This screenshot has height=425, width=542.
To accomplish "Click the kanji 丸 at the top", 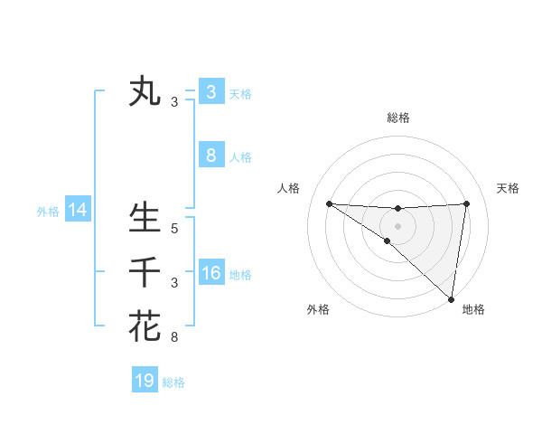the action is pyautogui.click(x=145, y=91).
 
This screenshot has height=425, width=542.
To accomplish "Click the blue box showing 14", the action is pyautogui.click(x=78, y=211).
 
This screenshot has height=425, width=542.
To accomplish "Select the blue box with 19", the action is pyautogui.click(x=145, y=381).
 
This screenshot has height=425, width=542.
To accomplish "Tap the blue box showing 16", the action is pyautogui.click(x=210, y=273).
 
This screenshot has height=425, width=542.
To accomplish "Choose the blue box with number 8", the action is pyautogui.click(x=210, y=155).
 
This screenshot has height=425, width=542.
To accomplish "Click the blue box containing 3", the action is pyautogui.click(x=210, y=91).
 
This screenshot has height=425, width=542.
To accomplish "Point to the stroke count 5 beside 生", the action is pyautogui.click(x=174, y=229).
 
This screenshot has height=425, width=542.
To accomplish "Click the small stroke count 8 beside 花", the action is pyautogui.click(x=174, y=338).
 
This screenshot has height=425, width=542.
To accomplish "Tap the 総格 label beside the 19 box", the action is pyautogui.click(x=173, y=382).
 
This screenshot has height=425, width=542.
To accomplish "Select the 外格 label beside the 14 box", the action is pyautogui.click(x=48, y=212).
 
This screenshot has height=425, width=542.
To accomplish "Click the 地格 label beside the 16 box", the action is pyautogui.click(x=240, y=275).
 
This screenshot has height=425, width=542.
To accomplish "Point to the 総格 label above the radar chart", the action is pyautogui.click(x=398, y=118).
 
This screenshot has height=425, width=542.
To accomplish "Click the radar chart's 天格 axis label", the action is pyautogui.click(x=509, y=188).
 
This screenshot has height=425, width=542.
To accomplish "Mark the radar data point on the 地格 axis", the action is pyautogui.click(x=451, y=299).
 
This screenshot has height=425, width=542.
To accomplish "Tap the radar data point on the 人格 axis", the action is pyautogui.click(x=329, y=203).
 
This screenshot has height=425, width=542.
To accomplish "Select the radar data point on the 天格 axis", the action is pyautogui.click(x=467, y=203).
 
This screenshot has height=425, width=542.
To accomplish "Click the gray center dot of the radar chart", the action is pyautogui.click(x=397, y=225).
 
